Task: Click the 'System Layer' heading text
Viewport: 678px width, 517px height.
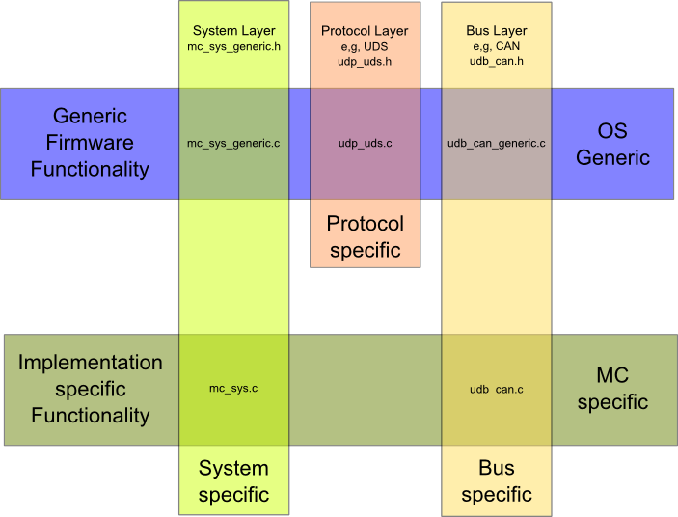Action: coord(233,31)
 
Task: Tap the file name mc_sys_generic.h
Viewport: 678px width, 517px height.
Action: coord(233,46)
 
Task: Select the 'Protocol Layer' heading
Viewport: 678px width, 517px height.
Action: coord(365,31)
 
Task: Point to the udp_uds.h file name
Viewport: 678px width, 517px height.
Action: coord(365,61)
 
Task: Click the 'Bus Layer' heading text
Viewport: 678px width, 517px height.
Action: coord(496,31)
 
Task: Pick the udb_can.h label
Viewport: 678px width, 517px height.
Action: coord(496,61)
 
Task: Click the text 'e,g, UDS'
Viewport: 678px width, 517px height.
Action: coord(365,46)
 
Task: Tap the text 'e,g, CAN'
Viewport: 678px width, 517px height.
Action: coord(496,46)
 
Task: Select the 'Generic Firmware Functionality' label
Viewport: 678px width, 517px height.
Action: coord(90,143)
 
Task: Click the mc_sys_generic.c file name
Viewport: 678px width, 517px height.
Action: coord(233,143)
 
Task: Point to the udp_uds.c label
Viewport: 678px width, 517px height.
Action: coord(365,143)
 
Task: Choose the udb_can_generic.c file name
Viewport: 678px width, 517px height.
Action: coord(496,143)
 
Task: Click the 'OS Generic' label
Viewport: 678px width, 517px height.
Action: coord(612,143)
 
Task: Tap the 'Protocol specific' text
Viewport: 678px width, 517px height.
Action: coord(365,236)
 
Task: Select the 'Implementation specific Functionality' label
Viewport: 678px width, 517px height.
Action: coord(90,389)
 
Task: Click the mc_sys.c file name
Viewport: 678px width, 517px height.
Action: coord(233,389)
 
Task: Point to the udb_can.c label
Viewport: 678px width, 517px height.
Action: coord(496,389)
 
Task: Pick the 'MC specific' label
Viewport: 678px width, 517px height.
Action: coord(612,389)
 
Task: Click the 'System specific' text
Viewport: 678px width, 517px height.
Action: coord(233,481)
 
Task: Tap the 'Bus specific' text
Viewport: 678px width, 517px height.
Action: coord(496,481)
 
